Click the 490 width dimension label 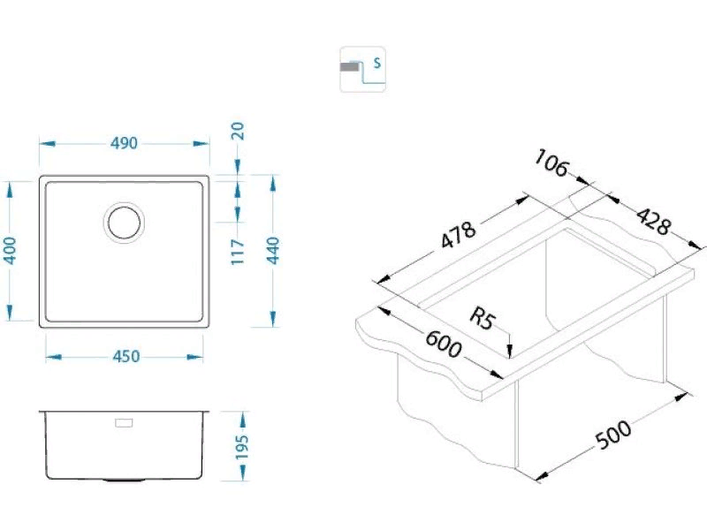124,143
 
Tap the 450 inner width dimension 125,357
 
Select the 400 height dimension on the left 10,251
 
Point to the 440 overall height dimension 272,251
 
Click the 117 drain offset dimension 238,252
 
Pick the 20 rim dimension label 238,131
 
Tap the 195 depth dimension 242,446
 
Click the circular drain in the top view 124,223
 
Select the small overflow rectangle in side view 124,423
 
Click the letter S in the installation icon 377,63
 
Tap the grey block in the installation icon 350,67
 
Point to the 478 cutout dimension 458,235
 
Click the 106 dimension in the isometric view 551,163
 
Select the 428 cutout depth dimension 653,222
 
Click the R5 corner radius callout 483,318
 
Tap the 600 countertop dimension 444,344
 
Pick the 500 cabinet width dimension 613,435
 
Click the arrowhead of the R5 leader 510,351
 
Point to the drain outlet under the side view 123,481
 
